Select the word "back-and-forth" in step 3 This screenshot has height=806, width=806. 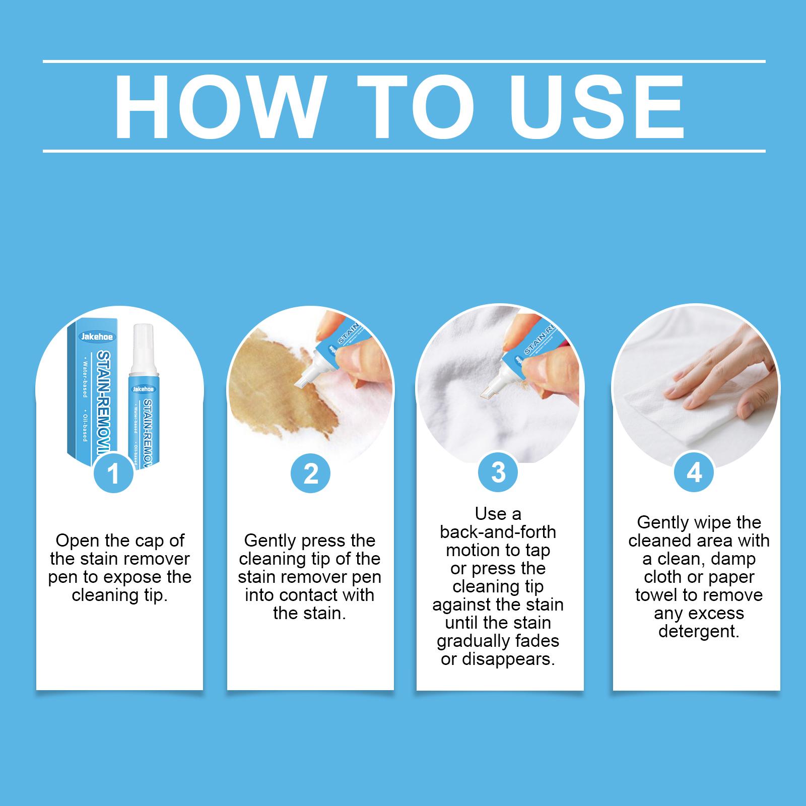[498, 532]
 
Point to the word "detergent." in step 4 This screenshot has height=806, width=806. [699, 631]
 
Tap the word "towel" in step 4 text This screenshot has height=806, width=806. [657, 595]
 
